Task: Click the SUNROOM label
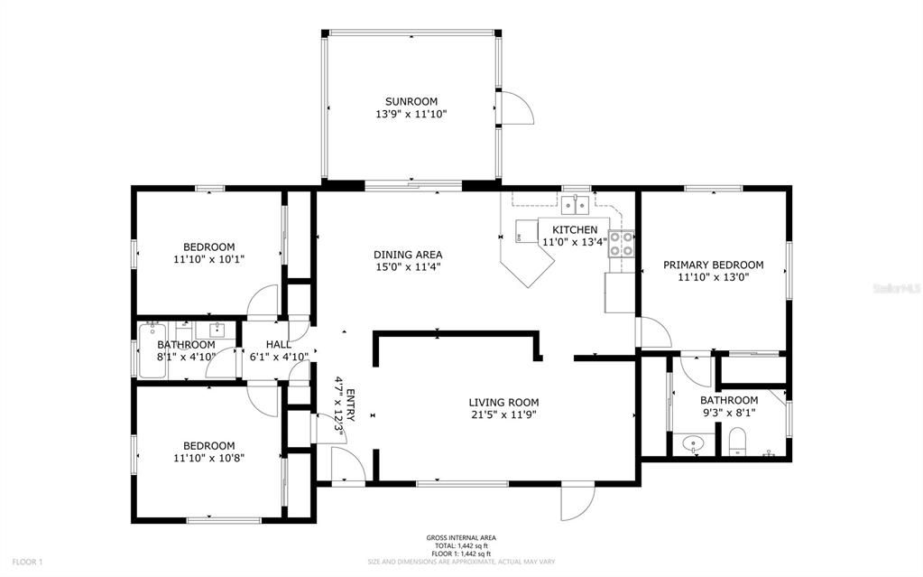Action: click(411, 101)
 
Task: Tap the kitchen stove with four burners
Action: click(621, 243)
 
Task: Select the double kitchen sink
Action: click(575, 204)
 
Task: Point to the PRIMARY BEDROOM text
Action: click(713, 265)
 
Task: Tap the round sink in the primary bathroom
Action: click(694, 443)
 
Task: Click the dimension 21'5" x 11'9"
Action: click(503, 415)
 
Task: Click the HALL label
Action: click(278, 344)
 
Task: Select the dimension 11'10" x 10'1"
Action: click(208, 259)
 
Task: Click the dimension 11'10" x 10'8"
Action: click(208, 458)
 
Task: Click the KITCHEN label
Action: click(576, 229)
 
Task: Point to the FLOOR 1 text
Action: click(27, 562)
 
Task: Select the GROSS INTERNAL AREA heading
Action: click(460, 538)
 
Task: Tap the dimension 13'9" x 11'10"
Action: click(411, 115)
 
